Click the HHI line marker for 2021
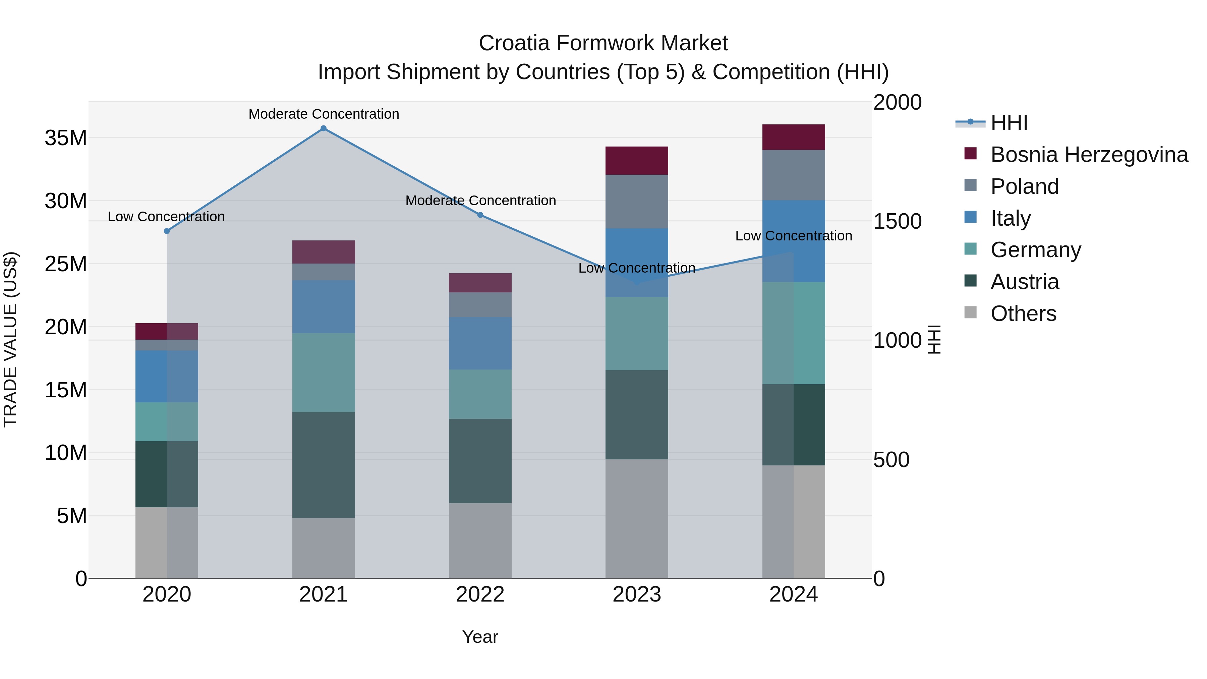pyautogui.click(x=323, y=128)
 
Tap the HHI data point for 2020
pyautogui.click(x=167, y=231)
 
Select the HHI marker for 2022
pyautogui.click(x=480, y=215)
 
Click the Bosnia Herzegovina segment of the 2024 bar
pyautogui.click(x=793, y=137)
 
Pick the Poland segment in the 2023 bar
pyautogui.click(x=636, y=202)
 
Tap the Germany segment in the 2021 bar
pyautogui.click(x=323, y=373)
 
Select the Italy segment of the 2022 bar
pyautogui.click(x=480, y=343)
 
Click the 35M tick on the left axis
pyautogui.click(x=66, y=138)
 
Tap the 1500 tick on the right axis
pyautogui.click(x=897, y=221)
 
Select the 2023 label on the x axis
pyautogui.click(x=636, y=595)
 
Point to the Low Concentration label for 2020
pyautogui.click(x=166, y=217)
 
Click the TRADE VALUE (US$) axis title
pyautogui.click(x=10, y=339)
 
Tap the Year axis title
pyautogui.click(x=480, y=637)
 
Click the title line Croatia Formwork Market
pyautogui.click(x=603, y=43)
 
